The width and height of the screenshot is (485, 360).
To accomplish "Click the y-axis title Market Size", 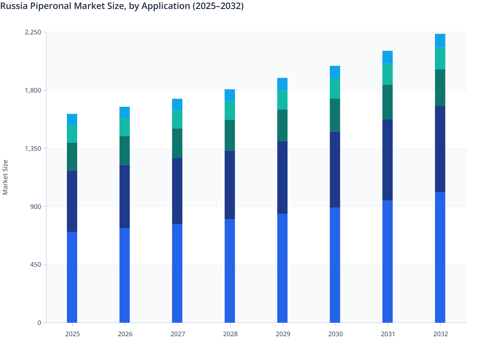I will (5, 177).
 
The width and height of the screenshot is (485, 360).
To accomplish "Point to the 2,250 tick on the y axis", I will (33, 32).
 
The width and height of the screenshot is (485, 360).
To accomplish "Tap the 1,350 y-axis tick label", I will (33, 148).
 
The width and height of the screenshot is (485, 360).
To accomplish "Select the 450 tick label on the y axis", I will (36, 265).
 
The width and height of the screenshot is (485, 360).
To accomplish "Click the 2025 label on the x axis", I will (72, 334).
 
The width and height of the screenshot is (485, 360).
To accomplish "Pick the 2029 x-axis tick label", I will (283, 334).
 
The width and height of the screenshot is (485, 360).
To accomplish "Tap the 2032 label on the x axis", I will (440, 334).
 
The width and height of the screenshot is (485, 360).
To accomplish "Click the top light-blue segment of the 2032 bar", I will (440, 40).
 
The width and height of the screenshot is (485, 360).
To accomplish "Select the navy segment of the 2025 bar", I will (72, 201).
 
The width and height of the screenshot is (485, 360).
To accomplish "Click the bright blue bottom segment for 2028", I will (230, 271).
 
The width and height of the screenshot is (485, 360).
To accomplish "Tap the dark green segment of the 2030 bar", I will (335, 115).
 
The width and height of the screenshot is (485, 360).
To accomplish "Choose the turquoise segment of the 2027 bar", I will (177, 120).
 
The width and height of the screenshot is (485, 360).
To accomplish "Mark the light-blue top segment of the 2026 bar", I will (124, 113).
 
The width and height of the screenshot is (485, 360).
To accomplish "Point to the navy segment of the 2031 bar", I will (388, 160).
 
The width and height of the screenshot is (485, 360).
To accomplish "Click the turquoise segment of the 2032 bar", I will (440, 59).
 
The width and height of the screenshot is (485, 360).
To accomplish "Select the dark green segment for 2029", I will (282, 125).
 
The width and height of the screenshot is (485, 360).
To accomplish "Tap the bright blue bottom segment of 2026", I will (124, 275).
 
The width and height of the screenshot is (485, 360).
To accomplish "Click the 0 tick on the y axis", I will (39, 323).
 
